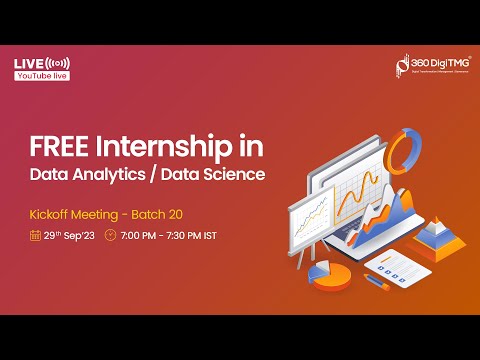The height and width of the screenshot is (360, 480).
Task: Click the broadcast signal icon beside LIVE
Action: coord(57,64)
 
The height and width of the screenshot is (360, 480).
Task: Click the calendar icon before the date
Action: coord(35,236)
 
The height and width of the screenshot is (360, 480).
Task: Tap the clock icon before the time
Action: coord(111,236)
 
